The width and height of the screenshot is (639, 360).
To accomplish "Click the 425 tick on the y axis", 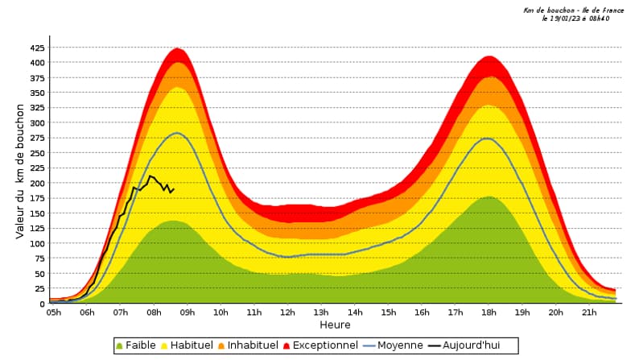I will click(x=38, y=48).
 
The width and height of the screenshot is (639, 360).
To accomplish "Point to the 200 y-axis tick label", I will click(x=38, y=183).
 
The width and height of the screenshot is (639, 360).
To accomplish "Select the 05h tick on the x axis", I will click(x=54, y=312).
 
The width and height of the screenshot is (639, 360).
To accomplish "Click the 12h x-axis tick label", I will click(x=287, y=312).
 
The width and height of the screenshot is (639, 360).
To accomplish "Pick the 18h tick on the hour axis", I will click(x=489, y=312).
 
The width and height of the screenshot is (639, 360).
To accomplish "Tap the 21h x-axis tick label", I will click(x=589, y=312).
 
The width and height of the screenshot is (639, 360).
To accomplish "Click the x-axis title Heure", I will click(x=335, y=325).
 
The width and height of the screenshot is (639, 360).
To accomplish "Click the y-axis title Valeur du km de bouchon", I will click(x=20, y=170).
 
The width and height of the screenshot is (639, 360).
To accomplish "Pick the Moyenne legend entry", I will click(x=394, y=346).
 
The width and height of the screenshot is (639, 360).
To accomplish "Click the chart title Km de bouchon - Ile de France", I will click(x=573, y=10).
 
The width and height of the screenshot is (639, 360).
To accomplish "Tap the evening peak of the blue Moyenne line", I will click(x=488, y=139).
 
